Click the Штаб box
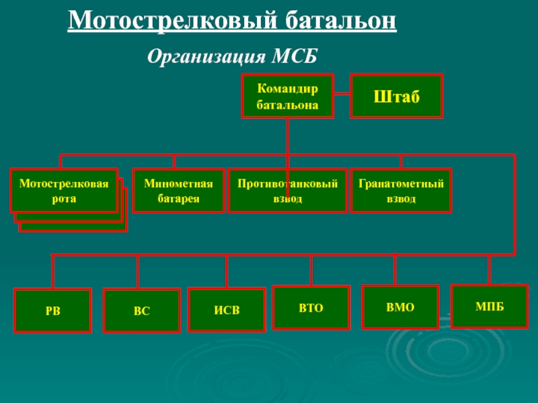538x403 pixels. (397, 96)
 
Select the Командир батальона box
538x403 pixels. (287, 96)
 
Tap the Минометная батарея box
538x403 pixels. (178, 191)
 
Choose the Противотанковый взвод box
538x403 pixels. (287, 191)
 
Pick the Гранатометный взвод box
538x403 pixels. (401, 191)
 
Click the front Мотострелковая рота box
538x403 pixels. (64, 190)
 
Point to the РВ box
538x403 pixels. (52, 310)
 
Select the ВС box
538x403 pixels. (141, 311)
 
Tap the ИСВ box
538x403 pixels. (227, 310)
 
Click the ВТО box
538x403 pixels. (311, 308)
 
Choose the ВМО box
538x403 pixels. (400, 307)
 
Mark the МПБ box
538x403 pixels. (490, 306)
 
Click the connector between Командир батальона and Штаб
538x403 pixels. (342, 95)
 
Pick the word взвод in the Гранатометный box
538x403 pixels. (401, 199)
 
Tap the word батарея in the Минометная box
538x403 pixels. (178, 199)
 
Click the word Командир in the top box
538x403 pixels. (287, 88)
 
